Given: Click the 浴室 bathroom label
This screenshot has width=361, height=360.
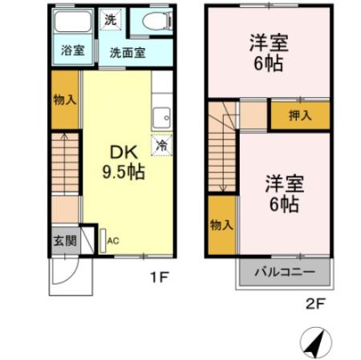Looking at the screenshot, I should pos(72,51).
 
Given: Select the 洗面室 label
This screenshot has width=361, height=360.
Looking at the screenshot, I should pos(127,53).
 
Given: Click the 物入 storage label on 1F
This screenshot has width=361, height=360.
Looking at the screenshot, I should pos(66,100).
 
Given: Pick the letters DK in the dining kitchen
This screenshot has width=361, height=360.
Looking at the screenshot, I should pos(122,151).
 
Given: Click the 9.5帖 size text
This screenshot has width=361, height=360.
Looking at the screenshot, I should pos(122,170).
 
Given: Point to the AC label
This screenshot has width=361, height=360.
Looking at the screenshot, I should pos(113,240).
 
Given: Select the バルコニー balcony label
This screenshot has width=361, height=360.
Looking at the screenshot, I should pos(285,271).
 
